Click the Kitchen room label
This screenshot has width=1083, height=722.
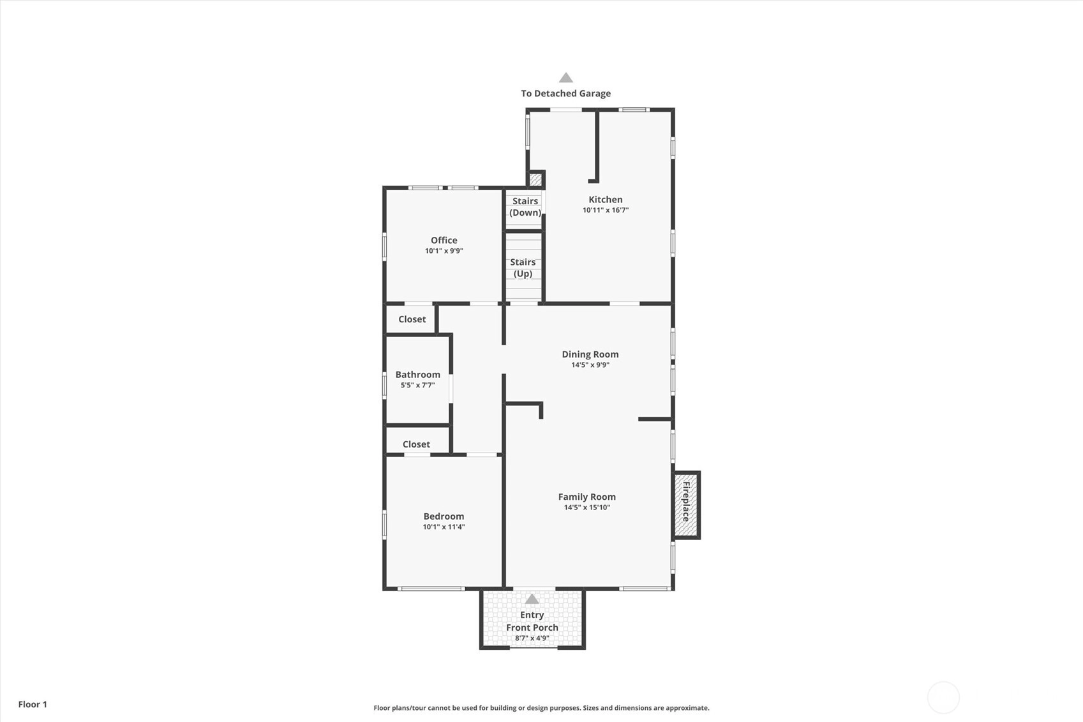[606, 199]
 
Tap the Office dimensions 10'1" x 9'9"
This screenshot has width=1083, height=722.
[444, 251]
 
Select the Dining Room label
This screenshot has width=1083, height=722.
[590, 354]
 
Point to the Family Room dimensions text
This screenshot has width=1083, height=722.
[587, 508]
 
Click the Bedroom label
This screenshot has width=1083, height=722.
[444, 516]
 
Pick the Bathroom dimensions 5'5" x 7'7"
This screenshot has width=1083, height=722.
[418, 386]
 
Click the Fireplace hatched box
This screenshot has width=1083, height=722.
[686, 505]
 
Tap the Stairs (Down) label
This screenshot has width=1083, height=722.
[525, 206]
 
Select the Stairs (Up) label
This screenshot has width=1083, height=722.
[523, 268]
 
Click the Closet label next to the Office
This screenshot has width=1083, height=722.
[412, 319]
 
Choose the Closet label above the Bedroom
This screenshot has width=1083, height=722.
[416, 444]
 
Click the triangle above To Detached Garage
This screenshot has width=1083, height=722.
[566, 78]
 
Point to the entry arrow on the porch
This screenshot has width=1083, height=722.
[532, 599]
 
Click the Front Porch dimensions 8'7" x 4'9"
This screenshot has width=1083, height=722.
[532, 638]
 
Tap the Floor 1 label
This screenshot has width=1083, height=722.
[33, 704]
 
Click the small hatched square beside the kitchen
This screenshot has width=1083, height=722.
[535, 179]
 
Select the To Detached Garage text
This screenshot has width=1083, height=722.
[565, 93]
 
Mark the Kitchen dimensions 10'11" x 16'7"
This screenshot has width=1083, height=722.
[606, 210]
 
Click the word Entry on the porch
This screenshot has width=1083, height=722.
[532, 615]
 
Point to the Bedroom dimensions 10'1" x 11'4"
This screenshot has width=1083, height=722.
[444, 527]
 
